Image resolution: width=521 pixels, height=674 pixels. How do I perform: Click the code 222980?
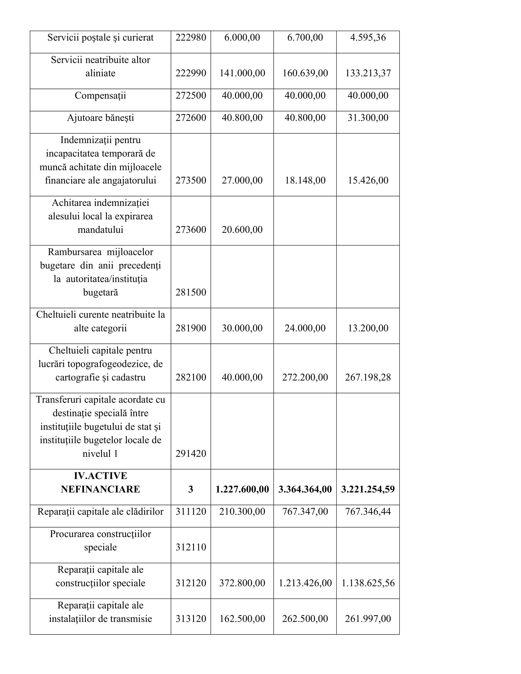(191, 38)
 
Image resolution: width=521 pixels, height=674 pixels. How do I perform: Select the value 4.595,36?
(367, 38)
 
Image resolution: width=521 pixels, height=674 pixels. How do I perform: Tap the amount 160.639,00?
(305, 73)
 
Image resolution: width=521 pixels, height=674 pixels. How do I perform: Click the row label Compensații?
(100, 96)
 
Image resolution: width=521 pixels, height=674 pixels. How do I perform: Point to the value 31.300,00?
(367, 118)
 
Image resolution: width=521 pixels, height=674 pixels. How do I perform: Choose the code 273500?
(191, 180)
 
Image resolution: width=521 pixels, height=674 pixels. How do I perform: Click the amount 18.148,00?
(305, 180)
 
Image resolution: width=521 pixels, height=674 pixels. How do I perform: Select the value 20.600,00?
(242, 230)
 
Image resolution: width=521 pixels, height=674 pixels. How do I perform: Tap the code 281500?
(191, 293)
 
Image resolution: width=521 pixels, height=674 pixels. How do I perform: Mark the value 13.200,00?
(367, 328)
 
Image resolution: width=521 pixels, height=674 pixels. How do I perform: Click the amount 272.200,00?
(305, 377)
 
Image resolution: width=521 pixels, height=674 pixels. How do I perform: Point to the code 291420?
(191, 454)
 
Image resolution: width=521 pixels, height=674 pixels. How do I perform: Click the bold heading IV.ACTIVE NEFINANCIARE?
(100, 483)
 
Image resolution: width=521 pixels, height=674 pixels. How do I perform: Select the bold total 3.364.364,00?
(305, 490)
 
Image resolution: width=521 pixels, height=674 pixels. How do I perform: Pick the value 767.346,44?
(367, 512)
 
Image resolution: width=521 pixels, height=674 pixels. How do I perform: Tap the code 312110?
(191, 547)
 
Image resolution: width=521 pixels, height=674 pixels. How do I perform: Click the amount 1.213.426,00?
(305, 583)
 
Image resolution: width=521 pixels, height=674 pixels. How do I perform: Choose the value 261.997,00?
(367, 619)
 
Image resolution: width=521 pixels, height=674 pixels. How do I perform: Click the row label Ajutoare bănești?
(100, 118)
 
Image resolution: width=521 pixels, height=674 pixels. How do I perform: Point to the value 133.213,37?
(367, 73)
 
